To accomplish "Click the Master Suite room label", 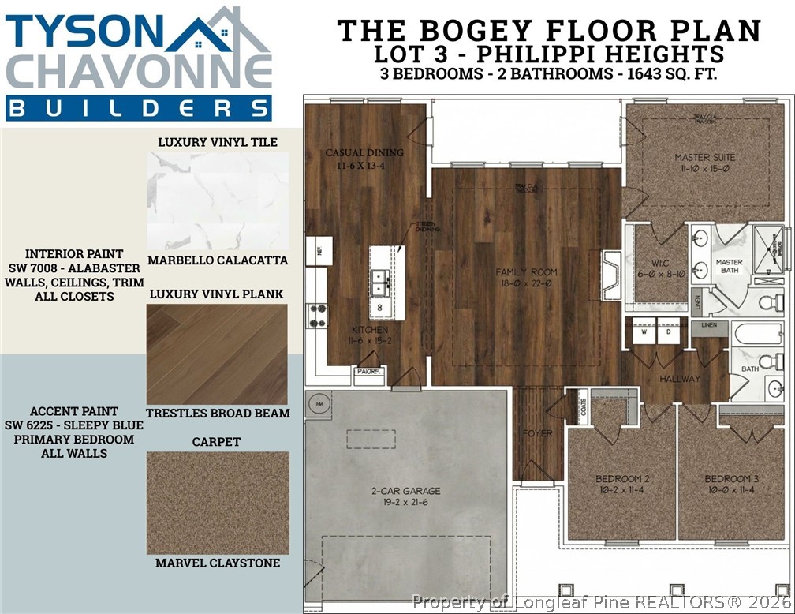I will click(x=704, y=163).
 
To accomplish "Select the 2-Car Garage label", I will click(x=405, y=496).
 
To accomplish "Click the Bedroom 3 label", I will click(x=731, y=484).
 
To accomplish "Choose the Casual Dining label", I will click(x=364, y=158).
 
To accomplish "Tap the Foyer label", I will click(x=537, y=433).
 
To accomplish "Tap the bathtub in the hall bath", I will click(x=757, y=333).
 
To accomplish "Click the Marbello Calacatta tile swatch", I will click(x=217, y=200).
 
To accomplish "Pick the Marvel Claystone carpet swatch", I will click(x=217, y=503).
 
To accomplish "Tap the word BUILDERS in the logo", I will click(x=139, y=109).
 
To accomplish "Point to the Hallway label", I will click(x=680, y=379).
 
